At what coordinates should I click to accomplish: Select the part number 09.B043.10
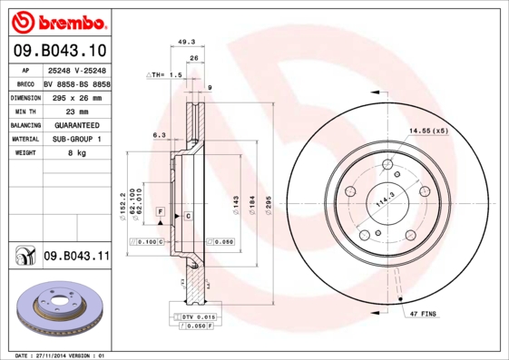click(58, 51)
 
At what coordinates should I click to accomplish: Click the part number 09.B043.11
click(76, 257)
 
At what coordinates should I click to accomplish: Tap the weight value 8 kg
click(75, 153)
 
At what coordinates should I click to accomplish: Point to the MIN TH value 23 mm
click(75, 110)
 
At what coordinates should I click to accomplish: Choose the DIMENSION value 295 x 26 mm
click(75, 96)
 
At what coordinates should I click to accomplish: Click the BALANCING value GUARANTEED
click(75, 124)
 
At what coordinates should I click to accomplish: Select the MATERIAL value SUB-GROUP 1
click(75, 139)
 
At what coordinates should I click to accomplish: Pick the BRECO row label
click(25, 83)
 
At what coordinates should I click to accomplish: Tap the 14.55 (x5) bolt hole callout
click(428, 131)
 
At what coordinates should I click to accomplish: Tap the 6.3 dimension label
click(159, 134)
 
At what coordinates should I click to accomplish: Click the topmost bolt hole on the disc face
click(387, 164)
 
